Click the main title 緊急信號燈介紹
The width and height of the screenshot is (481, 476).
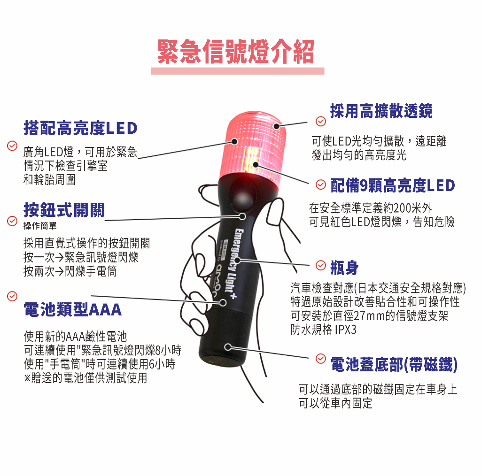coord(236,52)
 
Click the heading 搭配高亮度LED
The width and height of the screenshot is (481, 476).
coord(80,128)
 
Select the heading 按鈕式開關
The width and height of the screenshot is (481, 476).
coord(64,210)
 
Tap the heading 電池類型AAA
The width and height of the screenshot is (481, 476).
coord(73,309)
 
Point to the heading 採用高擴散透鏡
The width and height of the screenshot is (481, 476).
coord(381,111)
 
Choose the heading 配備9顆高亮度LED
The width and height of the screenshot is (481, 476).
coord(393,185)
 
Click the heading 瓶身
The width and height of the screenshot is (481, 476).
coord(344,268)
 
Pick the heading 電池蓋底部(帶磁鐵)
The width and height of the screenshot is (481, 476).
coord(394,364)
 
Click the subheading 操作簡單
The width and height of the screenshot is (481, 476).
coord(40,226)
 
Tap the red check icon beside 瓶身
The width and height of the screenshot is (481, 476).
coord(321,265)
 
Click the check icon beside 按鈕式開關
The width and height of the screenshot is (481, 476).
coord(12,221)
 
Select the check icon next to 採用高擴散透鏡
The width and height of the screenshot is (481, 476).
coord(321,122)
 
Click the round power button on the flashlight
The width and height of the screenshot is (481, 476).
coord(243,197)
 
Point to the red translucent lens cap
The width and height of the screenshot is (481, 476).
coord(253,145)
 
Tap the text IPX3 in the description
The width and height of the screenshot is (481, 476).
coord(346,330)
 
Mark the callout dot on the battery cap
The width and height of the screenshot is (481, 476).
coord(228,347)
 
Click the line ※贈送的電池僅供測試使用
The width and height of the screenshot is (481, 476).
coord(85,377)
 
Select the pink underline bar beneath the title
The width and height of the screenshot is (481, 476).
coord(238,71)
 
